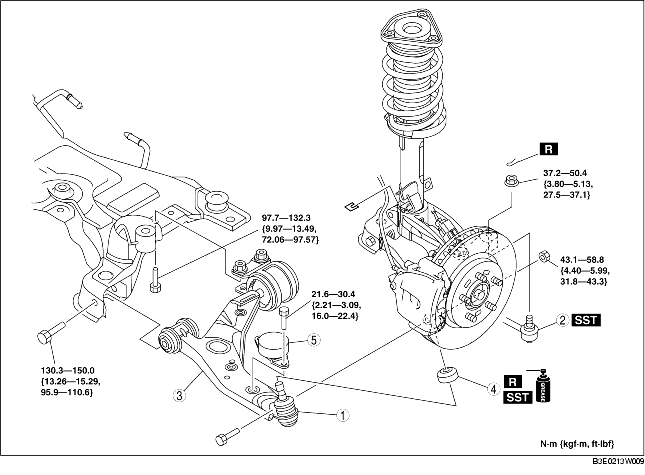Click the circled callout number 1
tap(343, 415)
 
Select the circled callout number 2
tap(563, 320)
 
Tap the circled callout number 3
tap(179, 396)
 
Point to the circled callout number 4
tap(493, 389)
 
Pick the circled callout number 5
tap(313, 340)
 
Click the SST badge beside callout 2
tap(586, 320)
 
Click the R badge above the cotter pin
tap(548, 149)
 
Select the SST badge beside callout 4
tap(518, 397)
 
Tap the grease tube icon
tap(543, 386)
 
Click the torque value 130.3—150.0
tap(67, 371)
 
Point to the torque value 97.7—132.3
tap(288, 218)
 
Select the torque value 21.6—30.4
tap(333, 294)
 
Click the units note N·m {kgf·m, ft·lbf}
tap(577, 444)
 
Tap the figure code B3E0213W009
tap(618, 462)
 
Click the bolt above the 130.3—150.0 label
tap(51, 332)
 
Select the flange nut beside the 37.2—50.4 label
tap(510, 181)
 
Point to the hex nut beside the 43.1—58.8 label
tap(543, 257)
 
